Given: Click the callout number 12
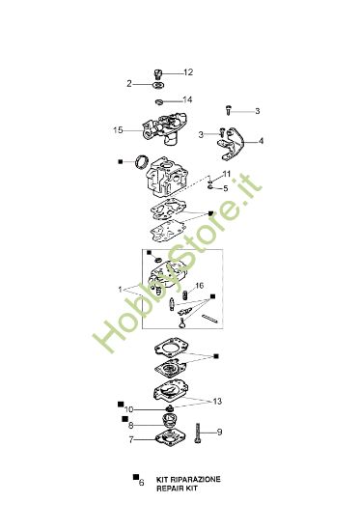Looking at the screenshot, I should (188, 72).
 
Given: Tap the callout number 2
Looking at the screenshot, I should (128, 84).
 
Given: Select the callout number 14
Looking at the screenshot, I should (188, 99).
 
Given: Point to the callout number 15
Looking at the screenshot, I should (119, 129).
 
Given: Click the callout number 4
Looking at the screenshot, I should (262, 141).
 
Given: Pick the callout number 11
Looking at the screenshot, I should (227, 173).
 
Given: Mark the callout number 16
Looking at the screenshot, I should (199, 286).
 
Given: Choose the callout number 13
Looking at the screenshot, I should (217, 400).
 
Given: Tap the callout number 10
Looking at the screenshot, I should (129, 409).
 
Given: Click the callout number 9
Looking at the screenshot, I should (220, 432).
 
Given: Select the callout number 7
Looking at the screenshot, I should (129, 440).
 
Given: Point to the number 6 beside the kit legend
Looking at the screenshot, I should (141, 509).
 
